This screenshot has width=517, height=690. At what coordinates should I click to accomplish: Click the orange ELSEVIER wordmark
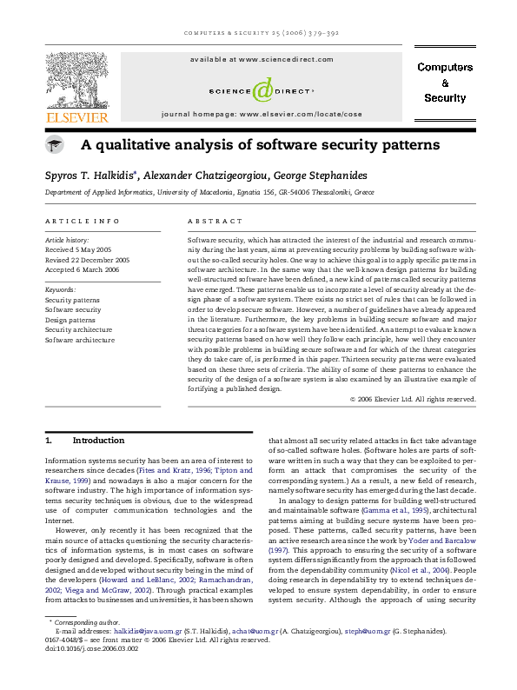coord(77,117)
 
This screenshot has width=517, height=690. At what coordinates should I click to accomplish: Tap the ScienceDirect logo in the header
coord(260,89)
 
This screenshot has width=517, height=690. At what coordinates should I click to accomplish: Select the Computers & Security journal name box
coord(445,83)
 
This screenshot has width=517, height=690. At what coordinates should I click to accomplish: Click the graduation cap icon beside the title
coord(55,145)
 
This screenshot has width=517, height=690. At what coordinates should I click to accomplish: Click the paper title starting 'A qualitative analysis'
coord(261,144)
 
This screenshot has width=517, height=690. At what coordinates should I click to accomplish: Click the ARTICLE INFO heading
coord(82,222)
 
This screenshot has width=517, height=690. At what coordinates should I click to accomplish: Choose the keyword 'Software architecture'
coord(80,340)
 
